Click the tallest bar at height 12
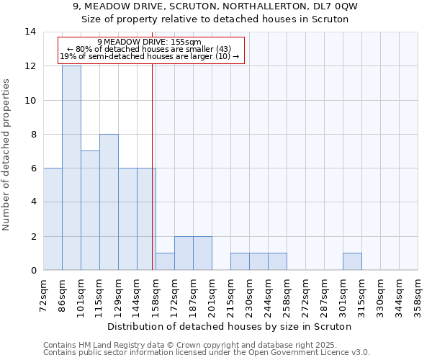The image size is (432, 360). (71, 168)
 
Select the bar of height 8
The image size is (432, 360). (109, 202)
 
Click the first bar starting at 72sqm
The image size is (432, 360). (53, 219)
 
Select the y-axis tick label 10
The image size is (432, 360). (30, 100)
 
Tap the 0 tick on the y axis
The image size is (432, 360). (33, 271)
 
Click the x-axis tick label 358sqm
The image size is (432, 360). (418, 295)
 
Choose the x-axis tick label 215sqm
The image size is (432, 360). (231, 295)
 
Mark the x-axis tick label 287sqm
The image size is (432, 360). (325, 295)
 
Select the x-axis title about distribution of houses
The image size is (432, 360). (230, 326)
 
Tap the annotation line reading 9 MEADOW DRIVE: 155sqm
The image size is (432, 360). (149, 42)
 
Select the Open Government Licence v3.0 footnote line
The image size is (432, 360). (207, 353)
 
